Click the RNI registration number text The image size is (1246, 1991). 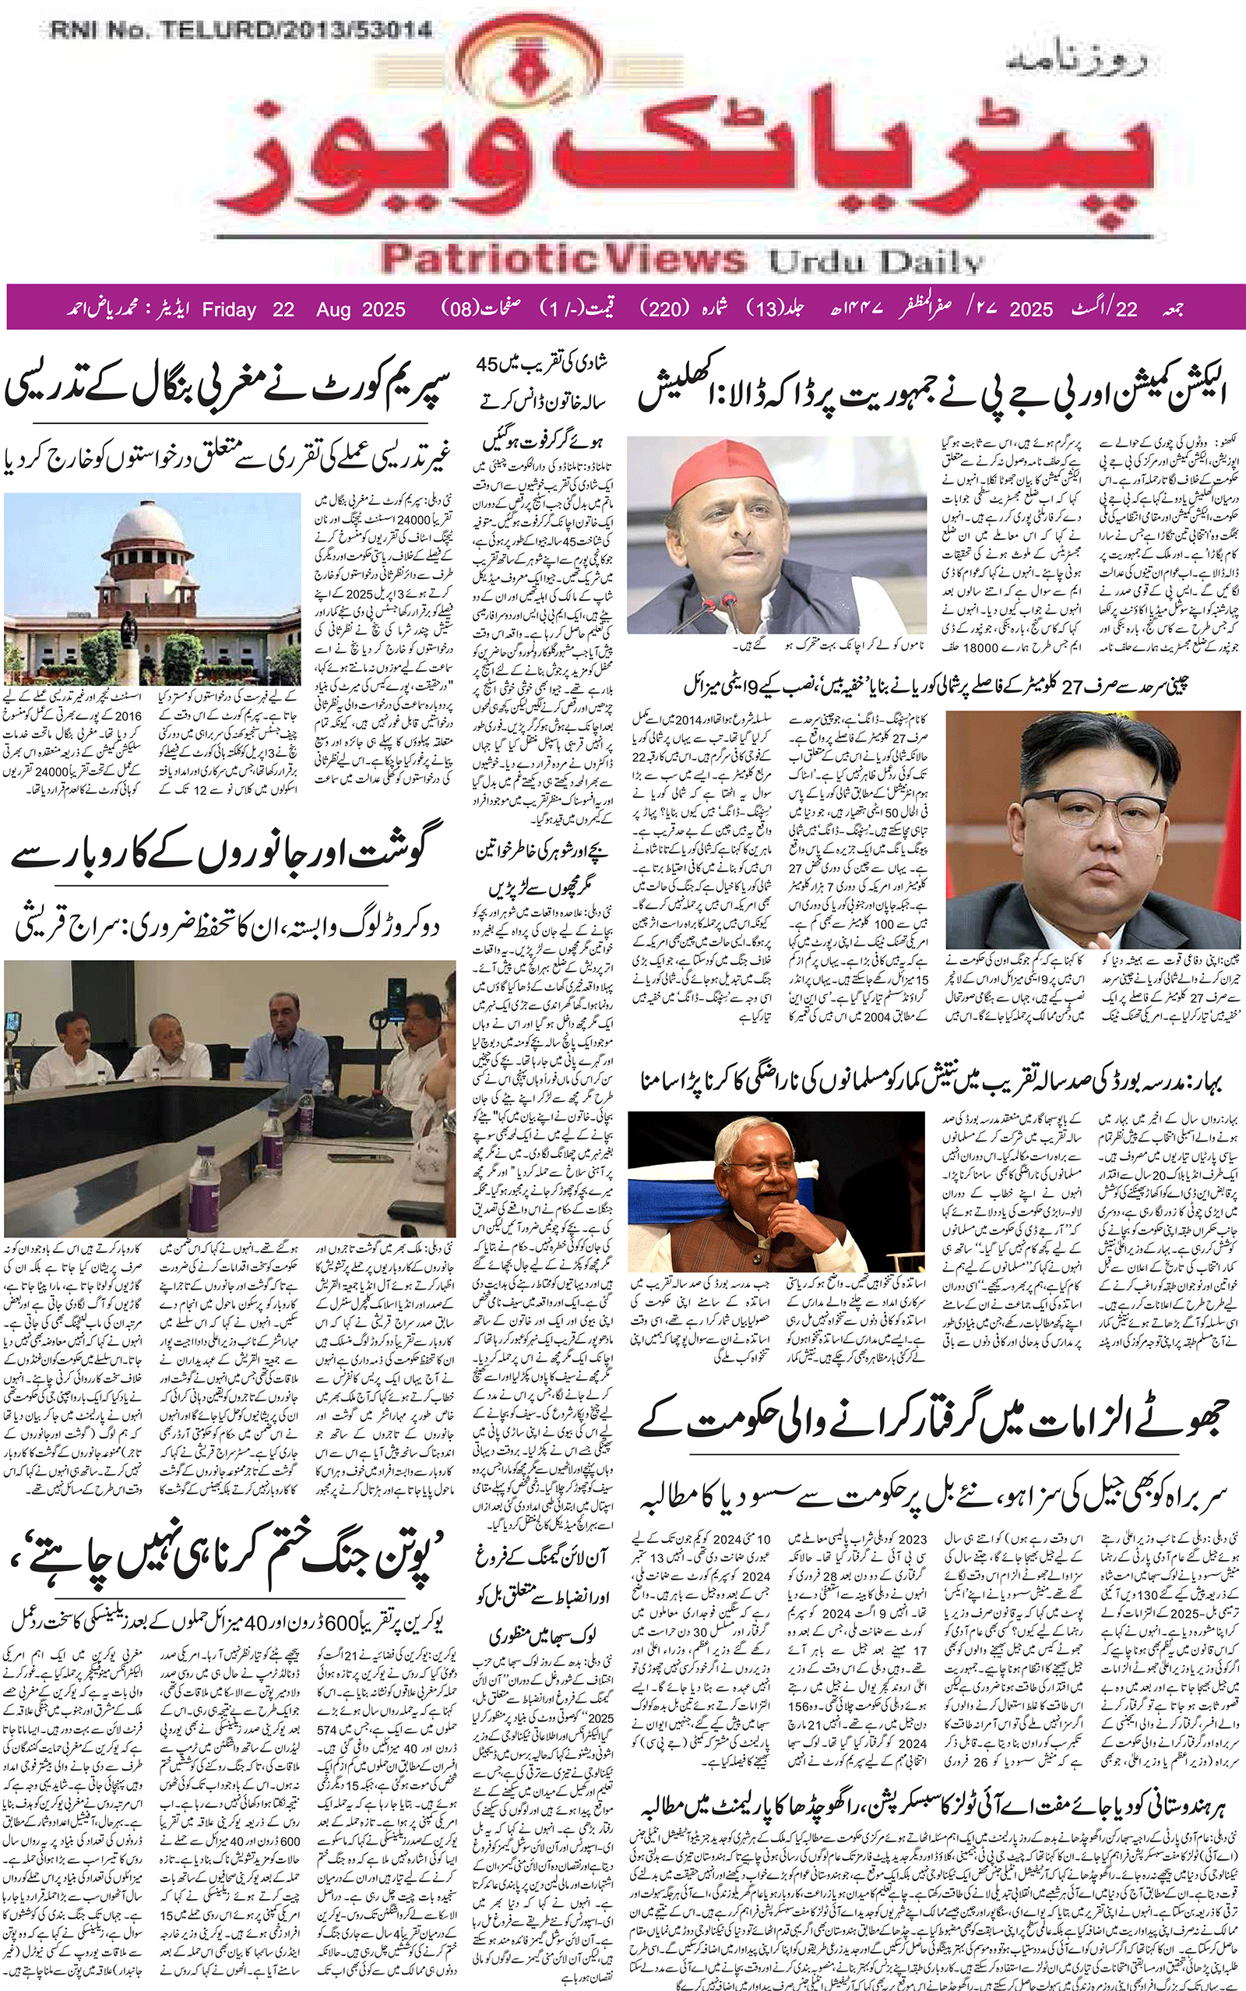(x=241, y=31)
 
